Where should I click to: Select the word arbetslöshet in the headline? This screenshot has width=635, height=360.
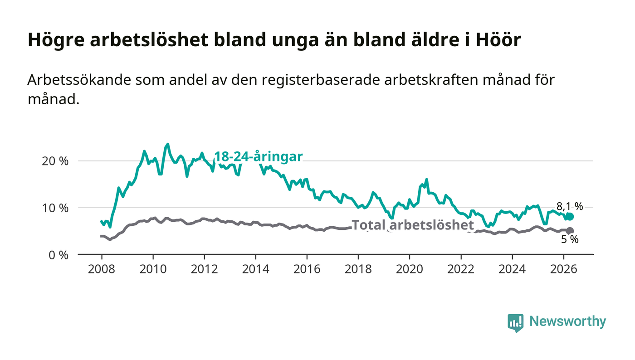(150, 40)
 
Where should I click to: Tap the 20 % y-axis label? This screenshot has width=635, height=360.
(55, 161)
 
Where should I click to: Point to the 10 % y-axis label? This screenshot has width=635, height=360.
(55, 208)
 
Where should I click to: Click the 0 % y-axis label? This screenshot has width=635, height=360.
(59, 255)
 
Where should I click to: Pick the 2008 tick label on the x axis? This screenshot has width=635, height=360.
(102, 269)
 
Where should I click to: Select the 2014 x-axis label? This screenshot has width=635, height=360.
(256, 269)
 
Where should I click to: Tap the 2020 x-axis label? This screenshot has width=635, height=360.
(409, 269)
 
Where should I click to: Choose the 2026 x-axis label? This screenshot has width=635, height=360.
(563, 269)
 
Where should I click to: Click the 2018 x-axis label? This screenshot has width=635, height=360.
(358, 269)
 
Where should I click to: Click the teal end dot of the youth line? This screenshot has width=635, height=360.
(570, 217)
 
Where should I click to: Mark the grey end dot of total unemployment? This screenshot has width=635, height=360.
(570, 231)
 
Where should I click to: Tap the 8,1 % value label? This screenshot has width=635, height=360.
(570, 206)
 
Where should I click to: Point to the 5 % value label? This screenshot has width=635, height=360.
(570, 239)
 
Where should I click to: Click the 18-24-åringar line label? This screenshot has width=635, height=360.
(259, 156)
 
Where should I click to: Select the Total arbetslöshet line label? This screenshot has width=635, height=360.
(413, 225)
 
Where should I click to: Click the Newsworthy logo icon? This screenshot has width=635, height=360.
(515, 322)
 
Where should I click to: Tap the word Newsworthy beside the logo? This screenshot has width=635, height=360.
(567, 321)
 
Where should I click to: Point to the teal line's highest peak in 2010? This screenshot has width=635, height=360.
(167, 144)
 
